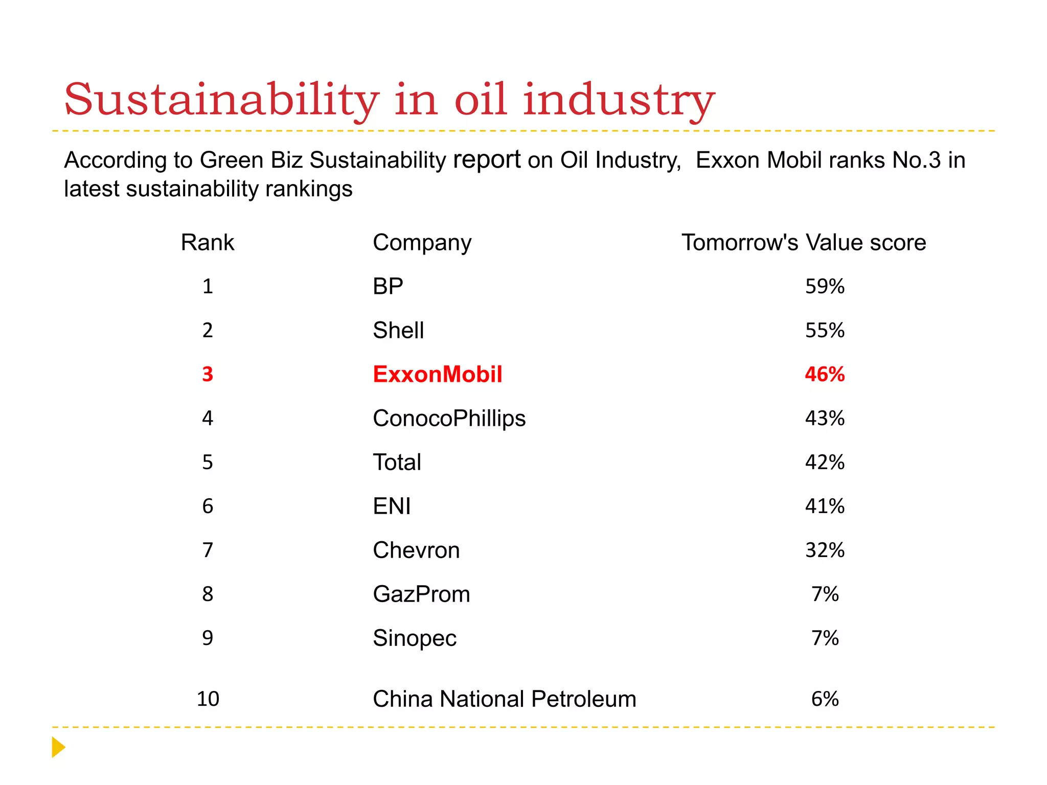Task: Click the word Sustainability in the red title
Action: (221, 100)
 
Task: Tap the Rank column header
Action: (207, 242)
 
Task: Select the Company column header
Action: (422, 242)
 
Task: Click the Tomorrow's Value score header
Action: (803, 242)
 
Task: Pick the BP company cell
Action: (388, 286)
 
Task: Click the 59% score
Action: (824, 286)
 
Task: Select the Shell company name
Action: (398, 330)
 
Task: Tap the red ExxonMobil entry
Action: (437, 374)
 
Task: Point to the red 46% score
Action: (824, 374)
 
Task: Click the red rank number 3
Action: (207, 374)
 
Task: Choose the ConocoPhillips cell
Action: (449, 418)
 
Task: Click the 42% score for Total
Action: (824, 462)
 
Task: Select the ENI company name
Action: (392, 506)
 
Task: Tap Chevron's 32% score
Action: (824, 550)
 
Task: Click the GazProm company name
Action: (421, 594)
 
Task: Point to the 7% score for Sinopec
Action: (824, 638)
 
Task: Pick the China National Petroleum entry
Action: (504, 699)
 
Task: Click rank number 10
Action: (208, 699)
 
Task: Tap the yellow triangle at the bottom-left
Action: (58, 747)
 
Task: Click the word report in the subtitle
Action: (487, 160)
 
